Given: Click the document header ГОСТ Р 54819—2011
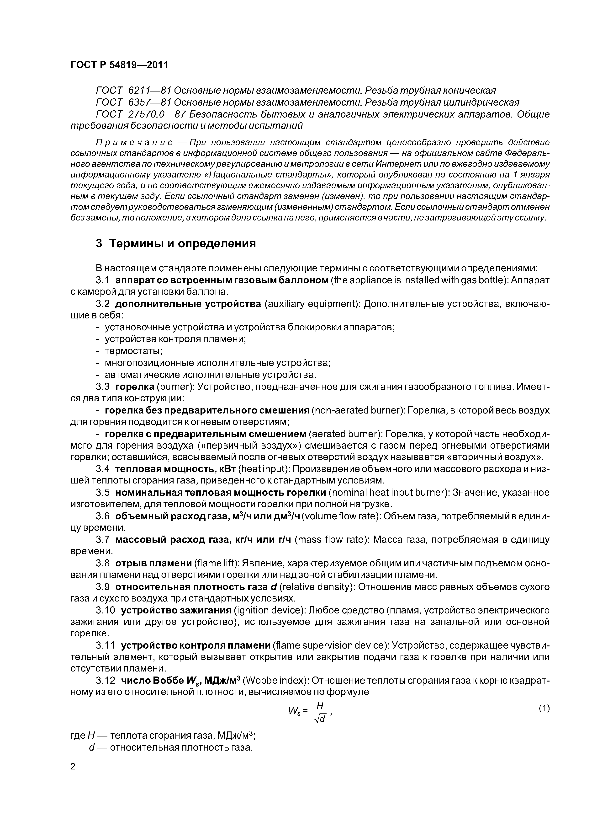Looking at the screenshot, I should coord(119,65).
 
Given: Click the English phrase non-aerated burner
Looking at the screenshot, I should coord(356,411).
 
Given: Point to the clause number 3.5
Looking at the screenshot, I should coord(102,493).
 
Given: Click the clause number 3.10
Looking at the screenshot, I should coord(106,610).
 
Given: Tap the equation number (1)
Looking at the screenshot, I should coord(544,709).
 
